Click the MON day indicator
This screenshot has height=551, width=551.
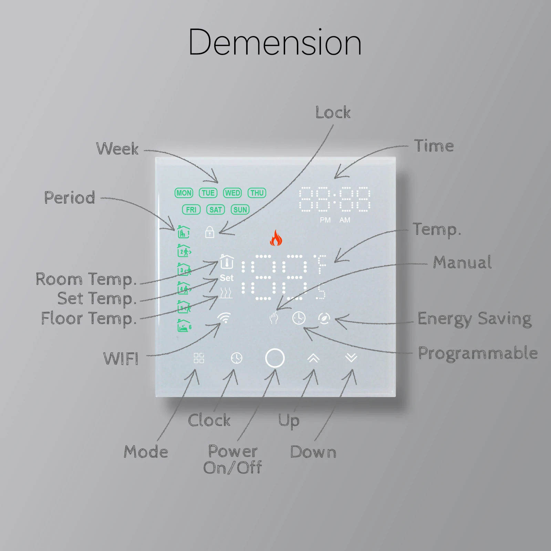click(x=184, y=193)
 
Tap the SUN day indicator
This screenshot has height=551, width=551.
click(x=240, y=210)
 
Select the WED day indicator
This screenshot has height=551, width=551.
click(x=232, y=193)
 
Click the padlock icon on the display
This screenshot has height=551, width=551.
click(x=210, y=232)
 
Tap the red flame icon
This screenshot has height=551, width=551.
click(x=276, y=238)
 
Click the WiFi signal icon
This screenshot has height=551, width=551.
click(x=224, y=318)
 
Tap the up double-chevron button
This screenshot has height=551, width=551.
click(x=313, y=358)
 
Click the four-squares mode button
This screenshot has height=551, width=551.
click(x=199, y=358)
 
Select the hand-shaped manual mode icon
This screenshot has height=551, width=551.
click(x=274, y=318)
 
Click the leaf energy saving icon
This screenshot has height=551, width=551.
click(x=324, y=318)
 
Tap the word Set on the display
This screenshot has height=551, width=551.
click(x=227, y=278)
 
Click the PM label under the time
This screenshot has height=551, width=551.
click(x=325, y=220)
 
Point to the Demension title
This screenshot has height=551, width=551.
click(x=275, y=42)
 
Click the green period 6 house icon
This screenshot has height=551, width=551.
click(x=184, y=326)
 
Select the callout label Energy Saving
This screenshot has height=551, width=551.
click(x=474, y=319)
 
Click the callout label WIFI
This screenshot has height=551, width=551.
click(x=121, y=358)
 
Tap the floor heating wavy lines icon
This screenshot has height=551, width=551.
click(x=226, y=293)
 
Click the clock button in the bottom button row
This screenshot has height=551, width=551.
click(x=237, y=358)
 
